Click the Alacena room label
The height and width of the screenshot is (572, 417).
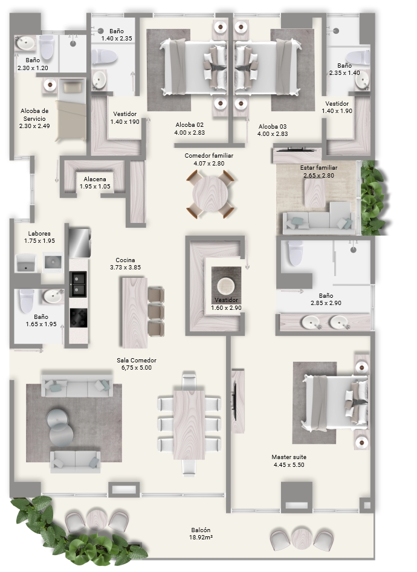click(94, 179)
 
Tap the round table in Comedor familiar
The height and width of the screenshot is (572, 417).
click(210, 194)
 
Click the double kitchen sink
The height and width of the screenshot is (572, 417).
click(78, 284)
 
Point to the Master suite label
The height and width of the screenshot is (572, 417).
click(289, 457)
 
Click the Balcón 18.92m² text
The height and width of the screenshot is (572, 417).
click(201, 534)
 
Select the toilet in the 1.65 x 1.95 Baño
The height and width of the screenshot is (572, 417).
click(27, 301)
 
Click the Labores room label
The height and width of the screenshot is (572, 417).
click(39, 234)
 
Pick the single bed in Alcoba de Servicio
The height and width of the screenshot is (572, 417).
click(71, 110)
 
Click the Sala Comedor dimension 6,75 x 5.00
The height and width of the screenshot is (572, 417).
click(137, 368)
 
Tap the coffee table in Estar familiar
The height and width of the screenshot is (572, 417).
click(315, 193)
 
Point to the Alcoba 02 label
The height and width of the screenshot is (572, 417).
click(190, 125)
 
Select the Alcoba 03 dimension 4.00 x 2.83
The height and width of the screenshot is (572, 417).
click(273, 134)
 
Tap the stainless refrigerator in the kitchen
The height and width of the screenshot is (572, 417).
click(80, 243)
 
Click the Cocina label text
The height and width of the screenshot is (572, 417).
click(125, 260)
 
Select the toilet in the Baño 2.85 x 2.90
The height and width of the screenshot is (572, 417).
click(296, 252)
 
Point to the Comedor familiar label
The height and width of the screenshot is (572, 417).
click(209, 156)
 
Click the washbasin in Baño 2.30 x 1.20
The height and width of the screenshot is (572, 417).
click(25, 43)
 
